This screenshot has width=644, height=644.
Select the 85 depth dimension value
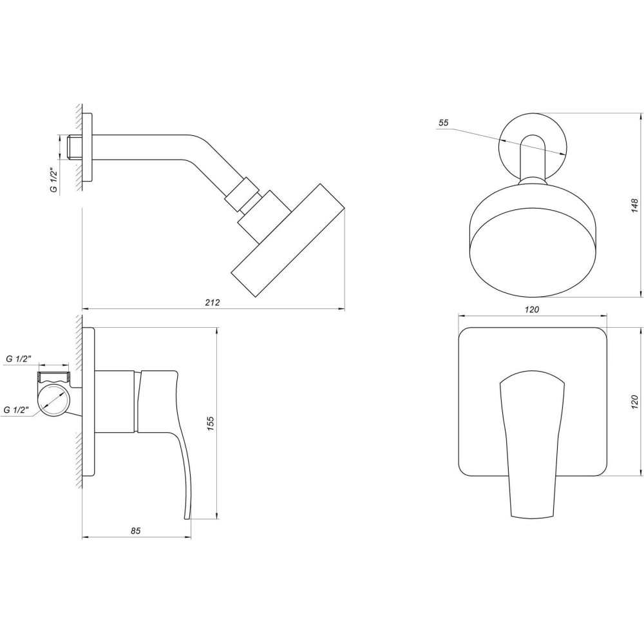(x=135, y=531)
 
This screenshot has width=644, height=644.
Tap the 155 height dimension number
(x=211, y=422)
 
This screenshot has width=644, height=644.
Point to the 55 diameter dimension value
(x=443, y=123)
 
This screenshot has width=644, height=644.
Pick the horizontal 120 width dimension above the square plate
(x=531, y=310)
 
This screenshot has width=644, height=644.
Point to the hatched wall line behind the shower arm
(x=78, y=148)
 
